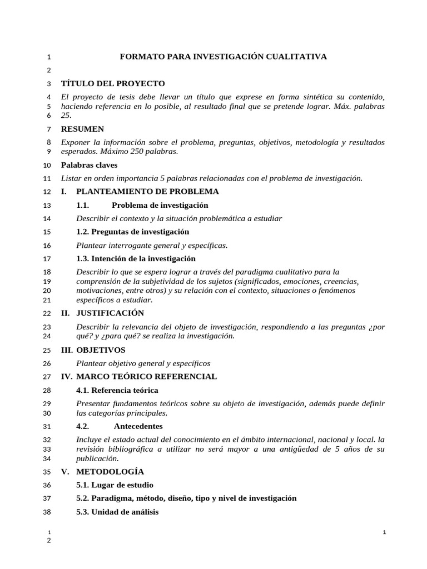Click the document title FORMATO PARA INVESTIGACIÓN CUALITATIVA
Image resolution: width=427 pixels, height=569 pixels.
224,57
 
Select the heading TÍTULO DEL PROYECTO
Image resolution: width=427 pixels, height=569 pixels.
113,83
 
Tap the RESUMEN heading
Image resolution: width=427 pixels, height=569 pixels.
82,129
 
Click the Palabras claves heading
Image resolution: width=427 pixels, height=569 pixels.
89,165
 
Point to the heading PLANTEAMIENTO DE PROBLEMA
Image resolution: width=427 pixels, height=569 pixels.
147,192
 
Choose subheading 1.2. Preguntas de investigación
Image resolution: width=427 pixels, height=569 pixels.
132,232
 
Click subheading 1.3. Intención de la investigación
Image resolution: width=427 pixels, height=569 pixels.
136,258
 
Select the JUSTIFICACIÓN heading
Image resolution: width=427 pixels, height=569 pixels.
110,313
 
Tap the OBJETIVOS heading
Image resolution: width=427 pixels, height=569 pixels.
101,350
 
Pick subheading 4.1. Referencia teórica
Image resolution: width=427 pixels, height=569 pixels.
117,390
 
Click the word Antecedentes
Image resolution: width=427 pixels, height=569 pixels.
138,426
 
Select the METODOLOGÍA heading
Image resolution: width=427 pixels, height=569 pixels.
106,472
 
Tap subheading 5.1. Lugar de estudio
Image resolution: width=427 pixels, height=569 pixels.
115,485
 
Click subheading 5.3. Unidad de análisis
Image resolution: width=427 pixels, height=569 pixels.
117,512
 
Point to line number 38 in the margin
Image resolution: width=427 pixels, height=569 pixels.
47,512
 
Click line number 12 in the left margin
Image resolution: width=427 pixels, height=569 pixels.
47,192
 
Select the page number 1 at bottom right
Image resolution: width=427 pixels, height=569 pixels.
384,533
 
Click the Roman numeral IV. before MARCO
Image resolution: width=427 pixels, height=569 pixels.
67,377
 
